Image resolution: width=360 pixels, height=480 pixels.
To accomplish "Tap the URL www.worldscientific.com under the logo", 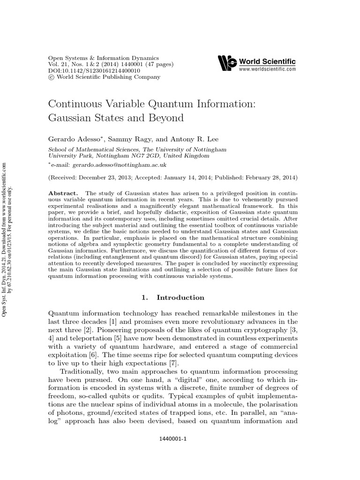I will (x=267, y=69).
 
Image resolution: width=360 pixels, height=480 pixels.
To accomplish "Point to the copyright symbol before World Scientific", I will (x=52, y=77).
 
